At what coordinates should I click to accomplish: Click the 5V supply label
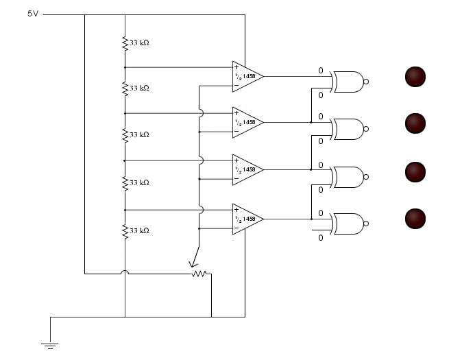pyautogui.click(x=32, y=14)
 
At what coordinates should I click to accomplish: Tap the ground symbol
pyautogui.click(x=50, y=346)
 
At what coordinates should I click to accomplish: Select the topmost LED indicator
pyautogui.click(x=415, y=76)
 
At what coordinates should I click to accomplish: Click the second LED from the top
pyautogui.click(x=415, y=123)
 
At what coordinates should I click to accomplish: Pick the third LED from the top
pyautogui.click(x=415, y=171)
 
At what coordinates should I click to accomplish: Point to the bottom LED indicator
pyautogui.click(x=415, y=219)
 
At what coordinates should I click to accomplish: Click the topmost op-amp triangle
pyautogui.click(x=246, y=76)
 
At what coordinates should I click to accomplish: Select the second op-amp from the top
pyautogui.click(x=246, y=122)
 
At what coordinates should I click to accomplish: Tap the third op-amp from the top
pyautogui.click(x=246, y=169)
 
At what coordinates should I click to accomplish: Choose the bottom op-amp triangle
pyautogui.click(x=246, y=219)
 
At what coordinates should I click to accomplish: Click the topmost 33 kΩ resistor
pyautogui.click(x=125, y=43)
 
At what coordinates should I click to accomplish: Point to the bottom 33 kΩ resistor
pyautogui.click(x=125, y=231)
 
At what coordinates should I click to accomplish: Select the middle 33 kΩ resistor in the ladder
pyautogui.click(x=125, y=135)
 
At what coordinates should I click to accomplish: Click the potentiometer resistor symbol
pyautogui.click(x=199, y=274)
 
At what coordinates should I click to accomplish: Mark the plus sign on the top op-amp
pyautogui.click(x=236, y=67)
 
